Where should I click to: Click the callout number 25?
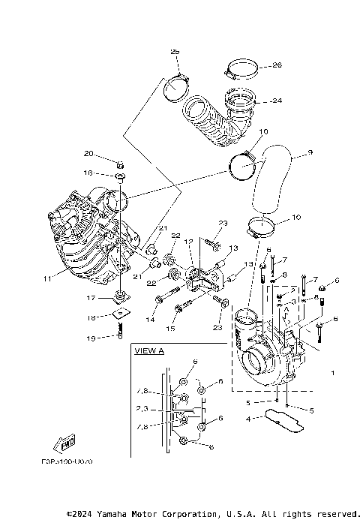pyautogui.click(x=175, y=52)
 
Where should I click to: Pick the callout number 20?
pyautogui.click(x=88, y=154)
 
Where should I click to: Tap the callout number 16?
pyautogui.click(x=88, y=173)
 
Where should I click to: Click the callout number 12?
pyautogui.click(x=190, y=242)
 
